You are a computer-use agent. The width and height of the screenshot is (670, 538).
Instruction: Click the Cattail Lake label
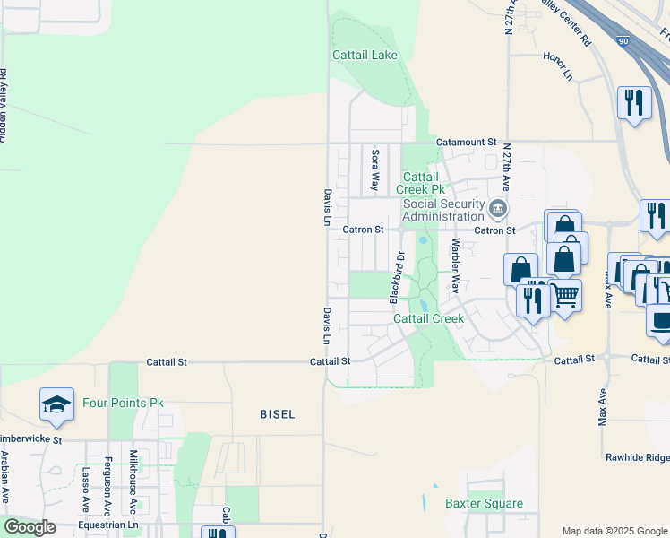coord(365,55)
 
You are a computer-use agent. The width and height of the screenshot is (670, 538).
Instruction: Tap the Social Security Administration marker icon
coord(498,210)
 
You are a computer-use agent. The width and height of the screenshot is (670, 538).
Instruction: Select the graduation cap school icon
coord(56,405)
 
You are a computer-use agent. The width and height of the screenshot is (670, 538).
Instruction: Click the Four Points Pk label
coord(123,403)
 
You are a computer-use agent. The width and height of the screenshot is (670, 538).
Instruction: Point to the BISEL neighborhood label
coord(277,414)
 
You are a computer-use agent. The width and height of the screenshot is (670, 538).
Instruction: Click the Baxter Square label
coord(484,503)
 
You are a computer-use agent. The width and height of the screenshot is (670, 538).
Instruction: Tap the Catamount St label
coord(466,143)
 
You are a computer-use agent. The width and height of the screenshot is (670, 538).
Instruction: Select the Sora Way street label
coord(375,170)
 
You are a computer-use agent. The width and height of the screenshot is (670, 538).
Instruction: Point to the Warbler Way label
coord(455,266)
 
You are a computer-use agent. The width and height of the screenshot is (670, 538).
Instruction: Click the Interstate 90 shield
coord(623,40)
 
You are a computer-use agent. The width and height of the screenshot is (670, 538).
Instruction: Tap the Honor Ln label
coord(557,66)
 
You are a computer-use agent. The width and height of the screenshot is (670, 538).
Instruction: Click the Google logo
coord(30,526)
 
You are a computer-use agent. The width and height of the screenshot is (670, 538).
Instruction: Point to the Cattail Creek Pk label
coord(424,183)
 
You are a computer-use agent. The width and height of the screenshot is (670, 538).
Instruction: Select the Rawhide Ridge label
coord(638,457)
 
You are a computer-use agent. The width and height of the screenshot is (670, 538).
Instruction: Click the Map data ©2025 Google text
coord(614,531)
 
